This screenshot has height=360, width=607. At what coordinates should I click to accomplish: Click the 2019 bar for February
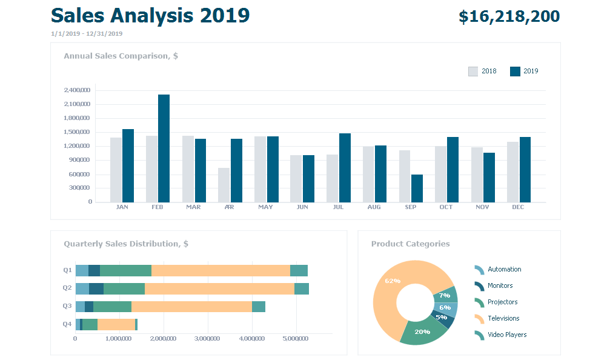tap(164, 148)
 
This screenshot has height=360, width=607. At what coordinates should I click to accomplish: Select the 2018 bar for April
tap(224, 185)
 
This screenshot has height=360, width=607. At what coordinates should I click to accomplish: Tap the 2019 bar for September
tap(417, 188)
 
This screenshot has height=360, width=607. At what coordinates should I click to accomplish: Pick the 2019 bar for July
tap(345, 168)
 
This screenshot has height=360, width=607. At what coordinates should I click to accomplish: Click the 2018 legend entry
tap(482, 72)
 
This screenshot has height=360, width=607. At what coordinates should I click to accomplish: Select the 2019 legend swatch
tap(516, 72)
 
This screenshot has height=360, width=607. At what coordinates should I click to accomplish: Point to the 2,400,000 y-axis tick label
tap(77, 90)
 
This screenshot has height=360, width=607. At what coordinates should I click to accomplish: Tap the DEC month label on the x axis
tap(518, 207)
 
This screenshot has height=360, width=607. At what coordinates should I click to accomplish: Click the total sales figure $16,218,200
tap(509, 17)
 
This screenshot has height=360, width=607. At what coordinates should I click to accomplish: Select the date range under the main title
tap(87, 34)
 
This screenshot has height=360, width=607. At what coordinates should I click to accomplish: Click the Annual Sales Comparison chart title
tap(121, 56)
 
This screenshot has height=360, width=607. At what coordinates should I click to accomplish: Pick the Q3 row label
tap(67, 306)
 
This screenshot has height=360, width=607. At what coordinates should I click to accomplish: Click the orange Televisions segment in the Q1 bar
tap(221, 270)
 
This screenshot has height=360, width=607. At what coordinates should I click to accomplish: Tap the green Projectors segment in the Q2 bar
tap(124, 288)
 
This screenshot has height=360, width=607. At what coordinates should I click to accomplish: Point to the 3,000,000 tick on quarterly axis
tap(207, 339)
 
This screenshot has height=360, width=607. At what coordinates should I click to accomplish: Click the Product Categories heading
tap(410, 244)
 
